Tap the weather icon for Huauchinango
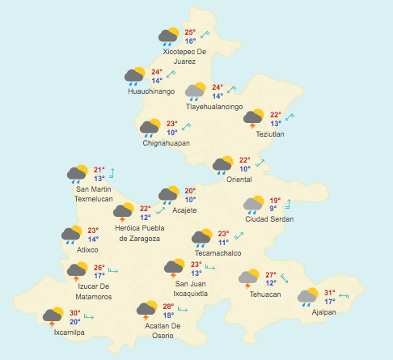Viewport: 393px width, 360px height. point(134,76)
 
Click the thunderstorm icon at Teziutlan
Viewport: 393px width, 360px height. point(254,119)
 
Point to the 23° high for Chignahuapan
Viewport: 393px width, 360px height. point(171,124)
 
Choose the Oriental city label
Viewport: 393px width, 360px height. point(239,179)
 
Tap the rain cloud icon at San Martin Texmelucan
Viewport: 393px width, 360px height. point(77,173)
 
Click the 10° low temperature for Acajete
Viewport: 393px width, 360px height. point(190,199)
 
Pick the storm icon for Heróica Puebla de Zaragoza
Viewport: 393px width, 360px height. point(124,213)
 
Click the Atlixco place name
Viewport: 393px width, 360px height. point(76,250)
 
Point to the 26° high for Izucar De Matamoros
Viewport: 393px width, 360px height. point(99,268)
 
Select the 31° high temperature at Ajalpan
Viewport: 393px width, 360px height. point(329,293)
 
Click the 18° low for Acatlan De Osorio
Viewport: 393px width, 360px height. point(168,315)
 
